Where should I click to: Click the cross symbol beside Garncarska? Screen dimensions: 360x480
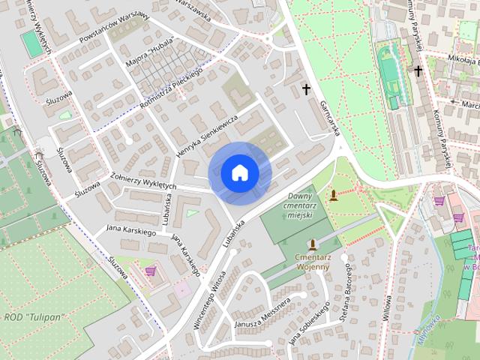[x=306, y=89]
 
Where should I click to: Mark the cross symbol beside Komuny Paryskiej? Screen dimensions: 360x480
[x=418, y=71]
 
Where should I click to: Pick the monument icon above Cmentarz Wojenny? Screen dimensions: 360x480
[x=312, y=245]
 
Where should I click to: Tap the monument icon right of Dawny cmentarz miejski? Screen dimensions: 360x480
[x=334, y=195]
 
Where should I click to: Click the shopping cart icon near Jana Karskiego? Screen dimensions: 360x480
[x=150, y=271]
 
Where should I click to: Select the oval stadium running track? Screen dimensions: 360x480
[x=389, y=72]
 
